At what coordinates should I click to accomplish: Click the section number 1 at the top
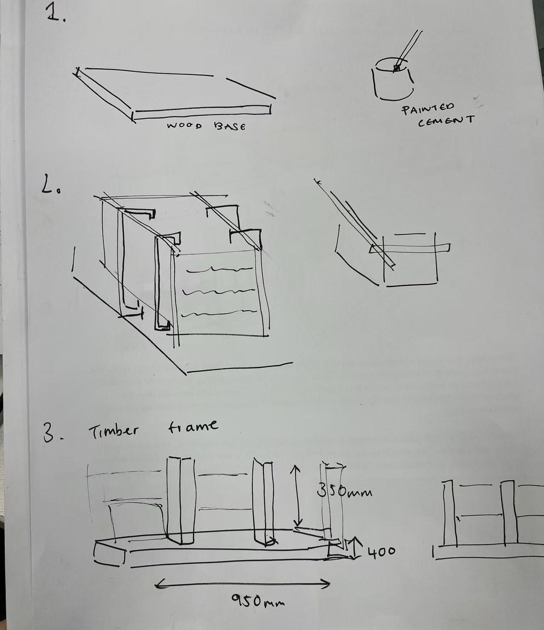point(55,14)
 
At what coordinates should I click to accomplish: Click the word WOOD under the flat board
point(184,126)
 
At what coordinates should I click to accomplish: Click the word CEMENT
point(446,121)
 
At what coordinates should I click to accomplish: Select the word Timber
point(113,431)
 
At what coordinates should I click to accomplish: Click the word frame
point(193,426)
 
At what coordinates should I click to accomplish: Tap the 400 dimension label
point(381,551)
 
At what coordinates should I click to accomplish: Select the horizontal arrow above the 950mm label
point(243,583)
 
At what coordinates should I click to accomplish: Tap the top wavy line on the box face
point(220,269)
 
